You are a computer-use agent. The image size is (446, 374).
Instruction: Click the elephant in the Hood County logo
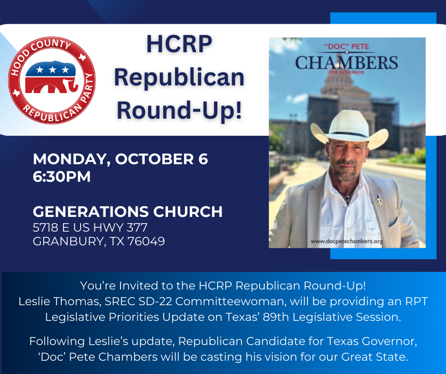point(51,77)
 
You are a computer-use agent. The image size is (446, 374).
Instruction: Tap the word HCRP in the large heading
point(179,44)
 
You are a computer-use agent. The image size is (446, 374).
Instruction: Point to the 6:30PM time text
point(62,177)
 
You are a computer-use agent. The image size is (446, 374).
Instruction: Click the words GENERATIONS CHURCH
point(128,212)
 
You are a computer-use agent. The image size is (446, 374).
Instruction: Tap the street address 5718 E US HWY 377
point(90,227)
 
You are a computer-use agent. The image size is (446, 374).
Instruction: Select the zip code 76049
point(146,242)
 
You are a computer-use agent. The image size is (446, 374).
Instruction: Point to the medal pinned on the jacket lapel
point(378,200)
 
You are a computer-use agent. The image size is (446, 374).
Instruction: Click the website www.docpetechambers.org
point(346,242)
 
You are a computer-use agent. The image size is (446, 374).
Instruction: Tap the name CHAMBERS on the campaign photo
point(346,63)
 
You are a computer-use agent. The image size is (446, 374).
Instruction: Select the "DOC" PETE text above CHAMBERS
point(346,47)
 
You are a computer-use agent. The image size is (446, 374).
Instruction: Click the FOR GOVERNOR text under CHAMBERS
point(346,72)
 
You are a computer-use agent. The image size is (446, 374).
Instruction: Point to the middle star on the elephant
point(53,69)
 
